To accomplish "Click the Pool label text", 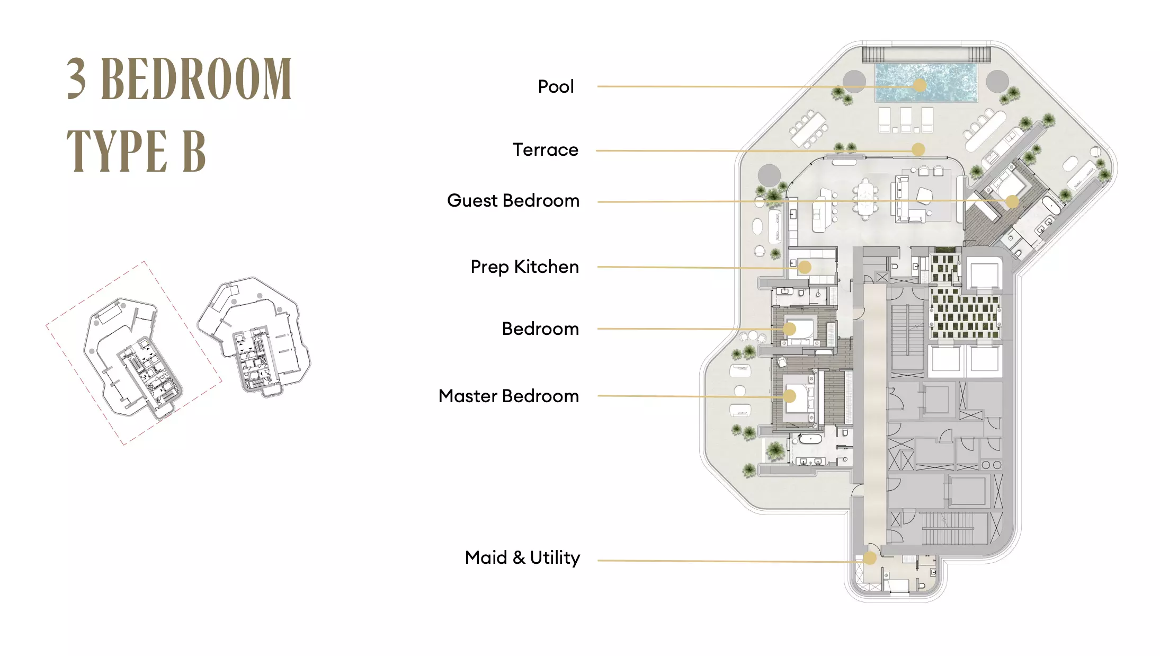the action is pyautogui.click(x=556, y=86).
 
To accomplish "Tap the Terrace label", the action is pyautogui.click(x=545, y=150).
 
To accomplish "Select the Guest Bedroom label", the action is pyautogui.click(x=513, y=201).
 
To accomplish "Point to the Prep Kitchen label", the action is pyautogui.click(x=524, y=267).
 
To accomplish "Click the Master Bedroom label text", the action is pyautogui.click(x=508, y=396).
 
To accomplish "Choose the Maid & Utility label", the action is pyautogui.click(x=522, y=558).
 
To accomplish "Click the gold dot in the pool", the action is pyautogui.click(x=920, y=85).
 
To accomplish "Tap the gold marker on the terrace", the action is pyautogui.click(x=918, y=150).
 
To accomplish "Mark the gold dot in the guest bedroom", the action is pyautogui.click(x=1012, y=202).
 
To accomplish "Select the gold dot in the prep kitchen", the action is pyautogui.click(x=805, y=267).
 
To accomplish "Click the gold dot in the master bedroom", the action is pyautogui.click(x=790, y=396).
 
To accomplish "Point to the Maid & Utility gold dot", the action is pyautogui.click(x=870, y=558).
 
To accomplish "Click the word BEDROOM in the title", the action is pyautogui.click(x=196, y=79).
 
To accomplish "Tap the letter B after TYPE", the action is pyautogui.click(x=194, y=151).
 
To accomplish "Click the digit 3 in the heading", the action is pyautogui.click(x=76, y=79).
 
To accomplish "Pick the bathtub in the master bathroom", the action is pyautogui.click(x=810, y=439).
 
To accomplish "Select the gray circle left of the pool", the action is pyautogui.click(x=854, y=81).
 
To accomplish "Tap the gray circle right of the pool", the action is pyautogui.click(x=997, y=81).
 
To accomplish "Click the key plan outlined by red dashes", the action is pyautogui.click(x=134, y=353).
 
